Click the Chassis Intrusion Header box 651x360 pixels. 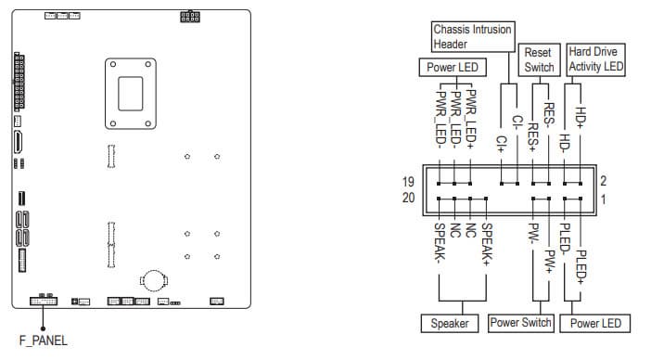coord(473,37)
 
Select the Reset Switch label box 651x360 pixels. coord(540,59)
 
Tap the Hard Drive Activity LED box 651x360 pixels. coord(595,59)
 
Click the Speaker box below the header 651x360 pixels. coord(450,324)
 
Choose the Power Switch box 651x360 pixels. coord(520,323)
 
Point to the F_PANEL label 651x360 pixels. coord(44,341)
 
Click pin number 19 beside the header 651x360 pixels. coord(408,182)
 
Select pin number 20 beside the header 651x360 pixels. coord(409,198)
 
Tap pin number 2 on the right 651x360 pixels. coord(604,181)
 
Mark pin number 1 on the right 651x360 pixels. coord(604,199)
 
